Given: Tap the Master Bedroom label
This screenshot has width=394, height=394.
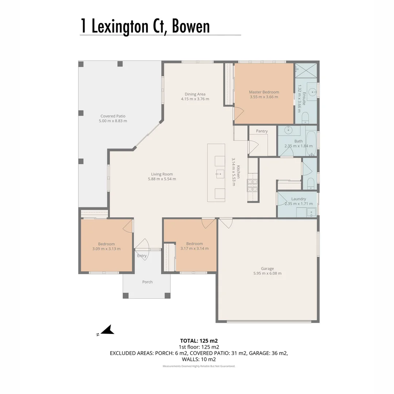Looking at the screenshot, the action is [264, 92].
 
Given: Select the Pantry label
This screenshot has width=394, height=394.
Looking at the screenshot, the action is [262, 131].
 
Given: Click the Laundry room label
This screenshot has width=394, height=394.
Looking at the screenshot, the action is [298, 199].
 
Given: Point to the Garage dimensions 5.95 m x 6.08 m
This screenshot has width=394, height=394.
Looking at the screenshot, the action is [267, 273].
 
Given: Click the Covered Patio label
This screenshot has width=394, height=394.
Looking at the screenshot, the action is [113, 116].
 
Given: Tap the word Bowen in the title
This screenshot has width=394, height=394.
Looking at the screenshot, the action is [191, 26].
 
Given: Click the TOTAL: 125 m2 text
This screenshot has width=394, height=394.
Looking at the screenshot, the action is [199, 341].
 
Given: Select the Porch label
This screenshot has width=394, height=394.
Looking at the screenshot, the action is [147, 282].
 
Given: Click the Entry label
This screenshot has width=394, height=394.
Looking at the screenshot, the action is [142, 255].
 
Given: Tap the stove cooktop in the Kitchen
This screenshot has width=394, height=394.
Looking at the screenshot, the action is [252, 185].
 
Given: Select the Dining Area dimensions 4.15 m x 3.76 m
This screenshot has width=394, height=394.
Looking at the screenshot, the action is [195, 99].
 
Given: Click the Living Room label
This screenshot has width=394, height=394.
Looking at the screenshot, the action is [162, 174].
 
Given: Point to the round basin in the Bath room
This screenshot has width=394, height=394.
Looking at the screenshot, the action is [288, 130].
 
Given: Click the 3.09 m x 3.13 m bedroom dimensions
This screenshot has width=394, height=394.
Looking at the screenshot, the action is [106, 249].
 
